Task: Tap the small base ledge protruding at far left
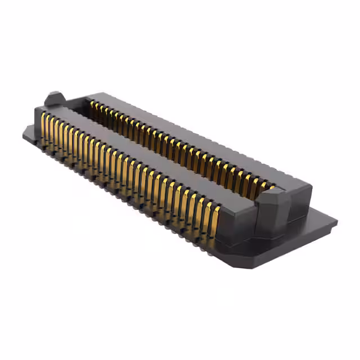(x=28, y=133)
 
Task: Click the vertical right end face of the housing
(x=301, y=205)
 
